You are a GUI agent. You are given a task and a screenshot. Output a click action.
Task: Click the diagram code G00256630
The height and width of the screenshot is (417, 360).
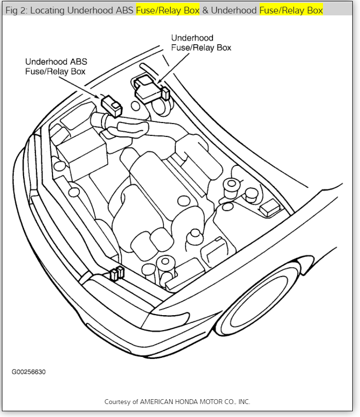tap(29, 372)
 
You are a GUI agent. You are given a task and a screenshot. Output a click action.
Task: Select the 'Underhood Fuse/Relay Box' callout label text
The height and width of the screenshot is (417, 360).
tap(201, 43)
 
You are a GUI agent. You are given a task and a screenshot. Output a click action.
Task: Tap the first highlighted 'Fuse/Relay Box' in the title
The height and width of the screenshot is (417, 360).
tap(168, 10)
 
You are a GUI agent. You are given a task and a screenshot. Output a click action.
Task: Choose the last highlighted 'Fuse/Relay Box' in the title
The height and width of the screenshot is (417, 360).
tap(291, 10)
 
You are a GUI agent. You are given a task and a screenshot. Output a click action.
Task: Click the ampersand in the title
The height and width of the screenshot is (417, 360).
tap(205, 10)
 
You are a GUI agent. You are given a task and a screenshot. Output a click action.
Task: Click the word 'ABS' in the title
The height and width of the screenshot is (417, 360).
tap(126, 10)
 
